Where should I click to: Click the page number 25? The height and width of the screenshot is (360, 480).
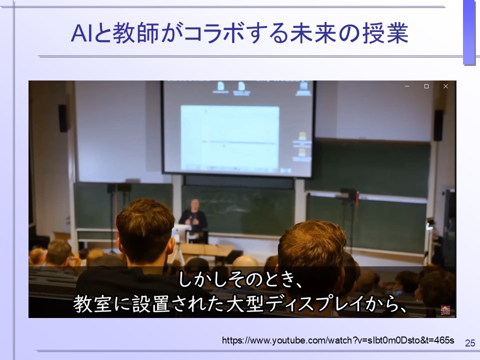[x=470, y=343]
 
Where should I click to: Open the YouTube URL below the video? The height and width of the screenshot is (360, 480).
[x=338, y=340]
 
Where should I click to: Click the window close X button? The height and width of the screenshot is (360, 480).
[x=445, y=86]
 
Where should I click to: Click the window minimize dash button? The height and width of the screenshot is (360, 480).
[x=407, y=86]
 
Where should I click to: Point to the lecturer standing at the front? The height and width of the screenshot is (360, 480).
[x=193, y=216]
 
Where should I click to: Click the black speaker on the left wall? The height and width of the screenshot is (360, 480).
[x=63, y=118]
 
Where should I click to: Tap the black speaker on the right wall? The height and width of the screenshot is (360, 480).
[x=438, y=125]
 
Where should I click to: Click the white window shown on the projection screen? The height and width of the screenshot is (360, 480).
[x=229, y=137]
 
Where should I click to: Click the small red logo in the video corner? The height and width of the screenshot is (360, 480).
[x=445, y=310]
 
